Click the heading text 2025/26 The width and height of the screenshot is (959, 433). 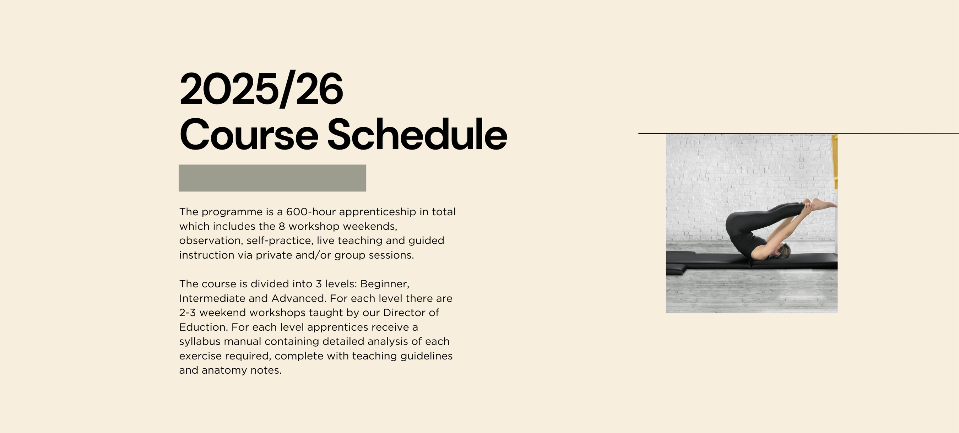pos(261,89)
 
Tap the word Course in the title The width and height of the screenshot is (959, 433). pos(249,134)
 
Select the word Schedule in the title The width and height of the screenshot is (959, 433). pos(417,134)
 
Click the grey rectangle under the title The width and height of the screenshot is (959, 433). pos(272,178)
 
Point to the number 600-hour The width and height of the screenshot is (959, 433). pos(311,211)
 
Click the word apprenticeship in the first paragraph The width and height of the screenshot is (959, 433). pos(378,212)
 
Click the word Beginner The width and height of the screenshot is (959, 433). pos(385,284)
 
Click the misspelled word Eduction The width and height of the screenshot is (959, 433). pos(203,327)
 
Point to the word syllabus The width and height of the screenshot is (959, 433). pos(200,342)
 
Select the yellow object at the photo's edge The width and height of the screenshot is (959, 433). pos(835,162)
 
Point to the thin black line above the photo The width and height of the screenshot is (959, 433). pos(798,133)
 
